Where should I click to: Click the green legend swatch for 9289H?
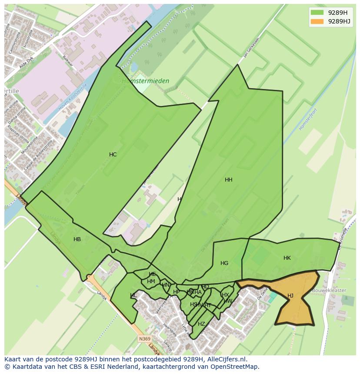pyautogui.click(x=317, y=13)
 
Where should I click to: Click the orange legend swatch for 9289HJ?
pyautogui.click(x=317, y=21)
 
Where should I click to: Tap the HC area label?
pyautogui.click(x=113, y=155)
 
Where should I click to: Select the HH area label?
pyautogui.click(x=229, y=180)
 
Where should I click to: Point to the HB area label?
pyautogui.click(x=77, y=239)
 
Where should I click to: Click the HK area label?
pyautogui.click(x=287, y=258)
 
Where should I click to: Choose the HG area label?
pyautogui.click(x=224, y=263)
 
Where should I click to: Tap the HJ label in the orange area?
pyautogui.click(x=290, y=296)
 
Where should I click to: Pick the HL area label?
pyautogui.click(x=133, y=295)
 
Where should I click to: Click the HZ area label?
pyautogui.click(x=201, y=324)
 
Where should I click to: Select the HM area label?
pyautogui.click(x=151, y=281)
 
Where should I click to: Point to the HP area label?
pyautogui.click(x=176, y=292)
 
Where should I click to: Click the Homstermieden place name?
pyautogui.click(x=145, y=81)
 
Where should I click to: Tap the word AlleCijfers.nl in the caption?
pyautogui.click(x=226, y=359)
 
